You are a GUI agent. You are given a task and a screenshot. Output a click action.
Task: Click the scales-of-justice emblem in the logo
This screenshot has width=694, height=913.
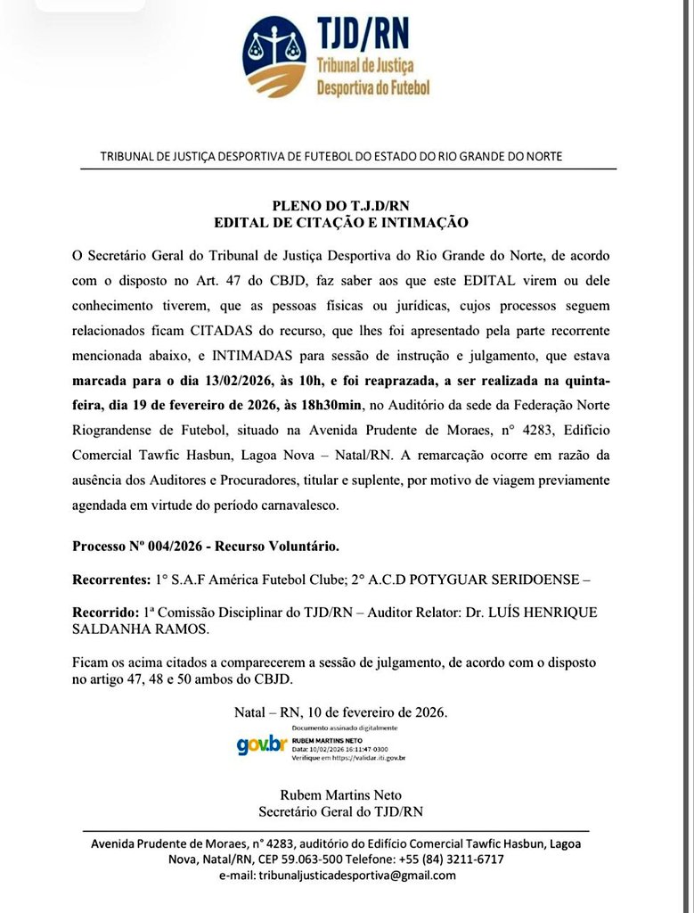click(x=275, y=53)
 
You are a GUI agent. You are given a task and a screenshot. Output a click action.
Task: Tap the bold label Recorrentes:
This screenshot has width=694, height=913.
click(x=110, y=579)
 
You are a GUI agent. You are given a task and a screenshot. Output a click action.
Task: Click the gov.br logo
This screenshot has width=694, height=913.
click(x=262, y=744)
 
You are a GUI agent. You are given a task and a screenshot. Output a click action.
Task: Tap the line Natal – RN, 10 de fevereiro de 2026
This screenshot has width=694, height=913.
click(x=340, y=712)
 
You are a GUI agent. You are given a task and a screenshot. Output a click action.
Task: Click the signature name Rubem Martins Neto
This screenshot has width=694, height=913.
click(x=339, y=795)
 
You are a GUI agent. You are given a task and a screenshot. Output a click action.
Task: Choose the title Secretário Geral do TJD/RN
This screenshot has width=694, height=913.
click(x=339, y=811)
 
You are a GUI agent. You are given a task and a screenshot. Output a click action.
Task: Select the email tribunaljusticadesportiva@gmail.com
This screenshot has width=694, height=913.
click(x=356, y=876)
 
